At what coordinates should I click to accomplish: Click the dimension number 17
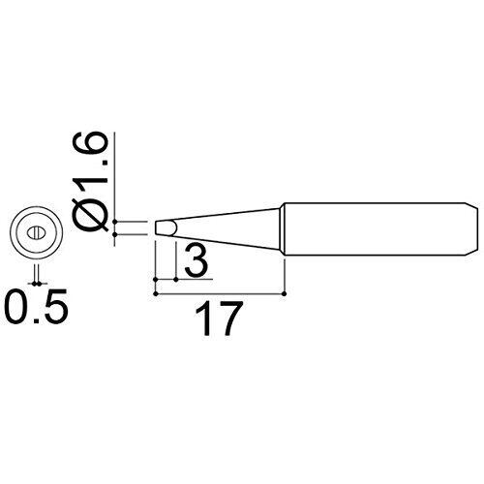click(219, 318)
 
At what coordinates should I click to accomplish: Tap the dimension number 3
click(196, 259)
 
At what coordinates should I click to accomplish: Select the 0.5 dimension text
click(36, 306)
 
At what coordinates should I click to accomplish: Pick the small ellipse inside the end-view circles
click(36, 233)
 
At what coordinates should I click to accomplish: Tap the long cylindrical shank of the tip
click(375, 229)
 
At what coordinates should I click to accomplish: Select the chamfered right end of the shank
click(471, 229)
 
